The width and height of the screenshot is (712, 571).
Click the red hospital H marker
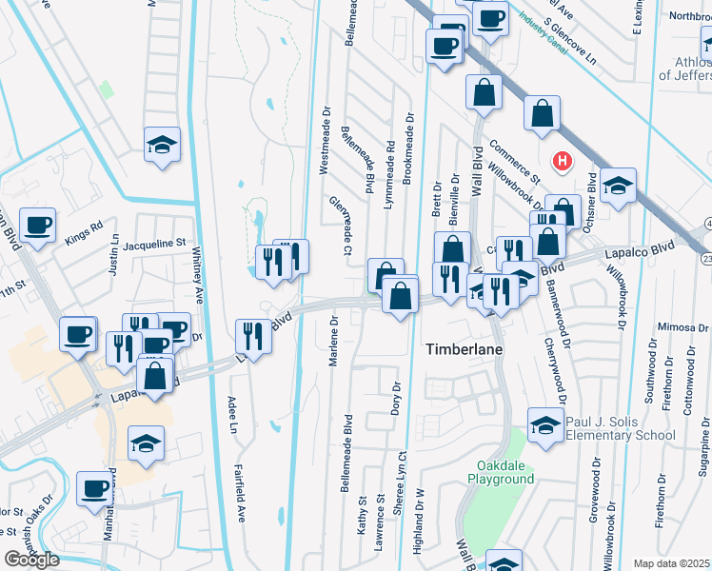pos(563,161)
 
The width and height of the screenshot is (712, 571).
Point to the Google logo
pos(31,560)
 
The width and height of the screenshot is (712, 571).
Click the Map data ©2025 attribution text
pos(671,563)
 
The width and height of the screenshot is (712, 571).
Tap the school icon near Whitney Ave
pos(162,146)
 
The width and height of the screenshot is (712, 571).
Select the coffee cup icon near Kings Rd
pos(38,226)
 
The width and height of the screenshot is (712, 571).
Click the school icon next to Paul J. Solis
pos(545,423)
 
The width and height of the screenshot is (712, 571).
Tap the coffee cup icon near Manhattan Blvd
pos(95,489)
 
